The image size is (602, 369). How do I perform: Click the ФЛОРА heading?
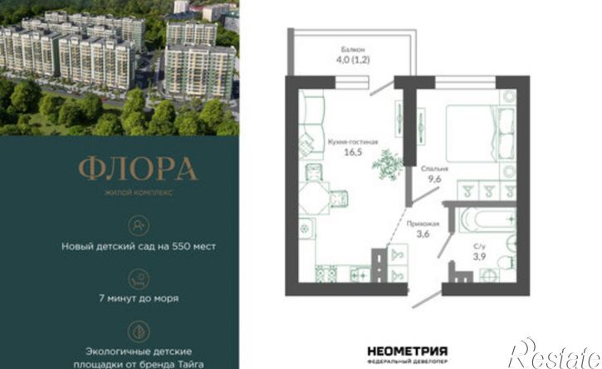pos(138,170)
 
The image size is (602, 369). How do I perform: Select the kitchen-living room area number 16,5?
pos(353,152)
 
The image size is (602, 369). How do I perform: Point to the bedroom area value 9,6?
pos(434,179)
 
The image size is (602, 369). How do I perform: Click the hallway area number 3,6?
pos(423,234)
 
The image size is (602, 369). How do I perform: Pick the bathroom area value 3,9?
pos(480,256)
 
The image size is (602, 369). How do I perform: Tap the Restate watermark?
pos(556,354)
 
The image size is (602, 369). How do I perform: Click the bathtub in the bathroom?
pos(487,220)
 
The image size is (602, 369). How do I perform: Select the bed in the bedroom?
pos(480,133)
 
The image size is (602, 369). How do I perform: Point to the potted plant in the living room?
pos(387,165)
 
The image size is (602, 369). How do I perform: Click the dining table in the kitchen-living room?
pos(314,199)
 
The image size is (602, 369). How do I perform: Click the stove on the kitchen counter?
pos(326,274)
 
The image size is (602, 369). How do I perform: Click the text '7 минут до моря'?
pos(139,298)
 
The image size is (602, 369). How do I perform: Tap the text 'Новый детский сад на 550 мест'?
pos(139,246)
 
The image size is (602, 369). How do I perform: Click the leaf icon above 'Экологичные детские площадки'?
pos(139,332)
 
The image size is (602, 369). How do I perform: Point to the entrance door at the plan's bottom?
pos(427,299)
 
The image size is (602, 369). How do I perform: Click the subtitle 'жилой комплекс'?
pos(139,192)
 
